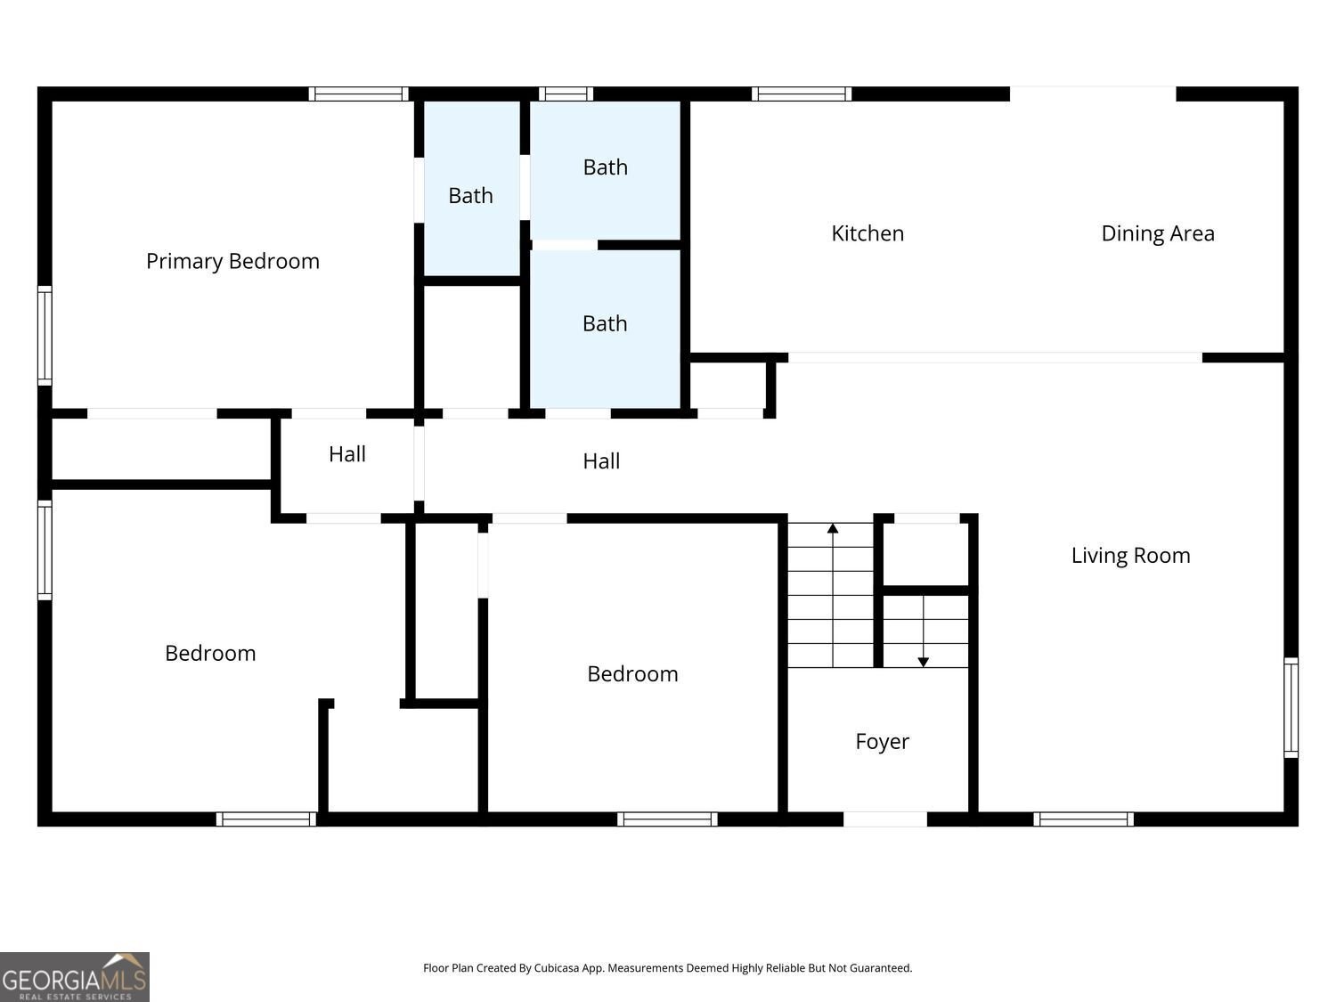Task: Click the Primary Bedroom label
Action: click(x=232, y=262)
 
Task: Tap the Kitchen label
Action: click(x=868, y=233)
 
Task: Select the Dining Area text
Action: click(x=1158, y=233)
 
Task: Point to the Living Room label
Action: click(x=1131, y=556)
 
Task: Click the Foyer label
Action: click(x=882, y=742)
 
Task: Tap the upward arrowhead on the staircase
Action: click(x=833, y=528)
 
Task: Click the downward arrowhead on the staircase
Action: click(x=924, y=662)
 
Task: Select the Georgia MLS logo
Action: click(x=74, y=977)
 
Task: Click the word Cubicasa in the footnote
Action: click(x=557, y=968)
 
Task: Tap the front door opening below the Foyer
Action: click(x=885, y=819)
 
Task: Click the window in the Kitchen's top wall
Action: click(x=802, y=94)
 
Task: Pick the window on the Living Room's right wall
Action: click(x=1291, y=707)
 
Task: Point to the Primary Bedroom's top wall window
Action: click(x=359, y=94)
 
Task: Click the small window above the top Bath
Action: click(x=566, y=94)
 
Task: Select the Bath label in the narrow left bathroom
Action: click(x=470, y=196)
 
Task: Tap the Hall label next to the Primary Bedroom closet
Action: click(x=347, y=454)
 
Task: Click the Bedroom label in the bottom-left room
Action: click(x=210, y=654)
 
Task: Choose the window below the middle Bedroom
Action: click(x=668, y=819)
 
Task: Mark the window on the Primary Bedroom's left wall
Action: click(x=45, y=335)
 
